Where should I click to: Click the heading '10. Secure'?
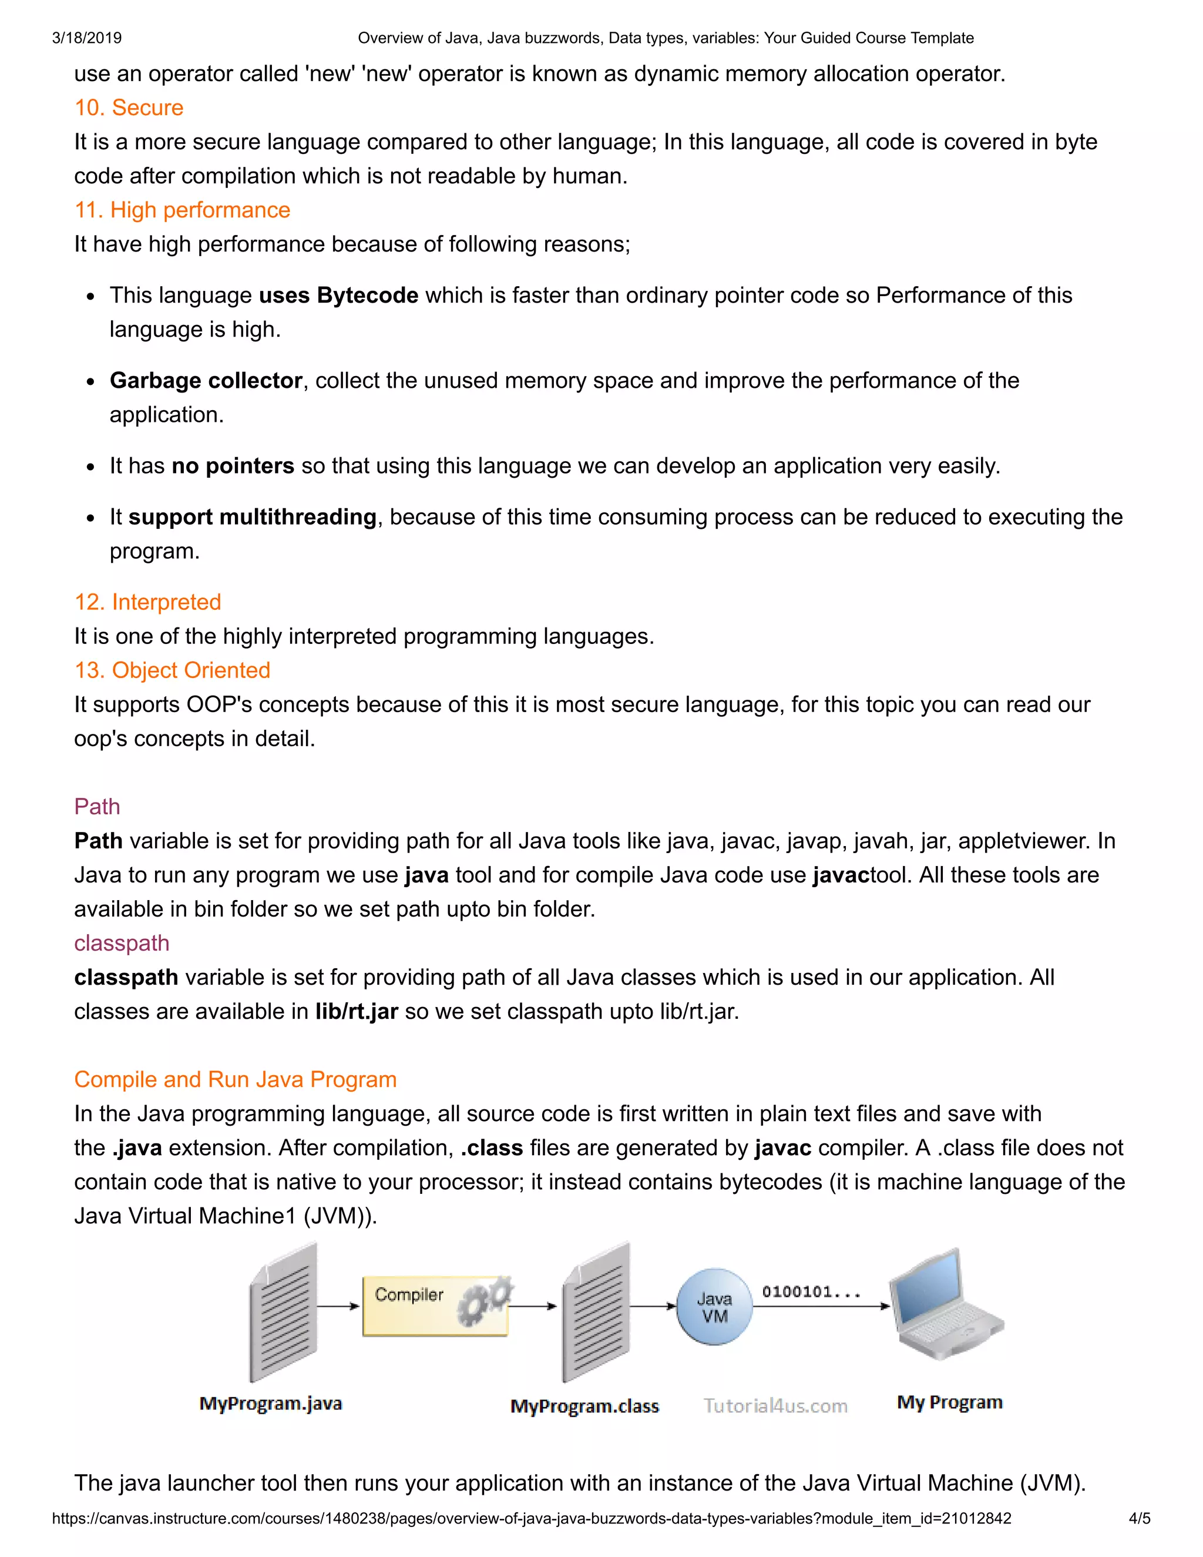click(x=129, y=108)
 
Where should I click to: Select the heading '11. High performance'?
click(x=183, y=210)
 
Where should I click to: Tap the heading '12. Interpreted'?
click(x=147, y=602)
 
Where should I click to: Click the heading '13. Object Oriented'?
click(x=173, y=671)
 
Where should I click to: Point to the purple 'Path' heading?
click(x=97, y=807)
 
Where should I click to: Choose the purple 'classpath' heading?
click(x=122, y=943)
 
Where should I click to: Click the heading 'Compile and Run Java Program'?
click(x=235, y=1079)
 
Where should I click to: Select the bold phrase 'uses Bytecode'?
click(x=338, y=295)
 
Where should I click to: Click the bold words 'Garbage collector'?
click(x=206, y=381)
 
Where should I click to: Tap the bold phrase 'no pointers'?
click(x=233, y=467)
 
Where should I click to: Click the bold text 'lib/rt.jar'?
click(x=357, y=1012)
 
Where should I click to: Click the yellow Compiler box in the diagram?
click(x=435, y=1306)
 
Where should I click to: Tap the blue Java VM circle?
click(x=714, y=1307)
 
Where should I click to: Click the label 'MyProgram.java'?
click(x=271, y=1404)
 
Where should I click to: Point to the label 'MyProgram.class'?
click(x=584, y=1407)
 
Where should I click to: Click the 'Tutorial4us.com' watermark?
click(x=775, y=1406)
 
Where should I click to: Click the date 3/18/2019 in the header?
click(x=87, y=38)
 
